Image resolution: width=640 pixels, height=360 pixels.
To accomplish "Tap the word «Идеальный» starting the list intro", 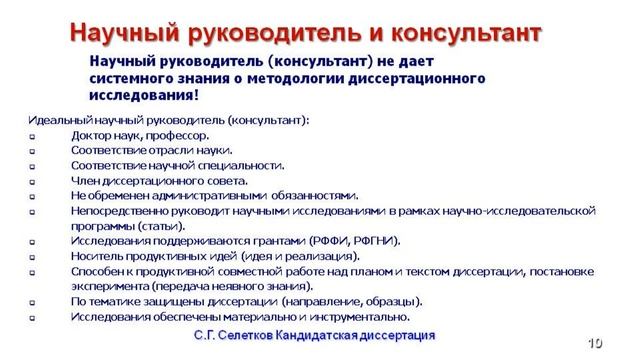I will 56,120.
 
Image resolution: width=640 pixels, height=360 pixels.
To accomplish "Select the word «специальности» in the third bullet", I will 242,165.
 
